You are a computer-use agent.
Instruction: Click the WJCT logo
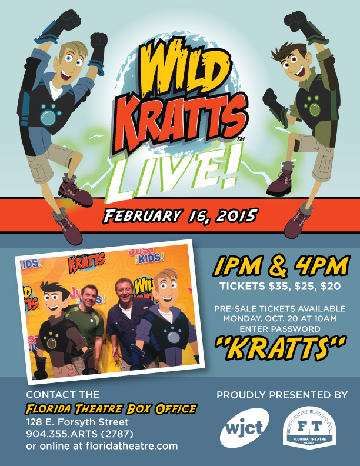[x=245, y=428]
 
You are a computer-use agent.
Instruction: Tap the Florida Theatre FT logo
[x=309, y=428]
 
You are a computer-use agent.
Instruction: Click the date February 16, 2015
[x=179, y=216]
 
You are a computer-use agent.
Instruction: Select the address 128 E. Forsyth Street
[x=77, y=422]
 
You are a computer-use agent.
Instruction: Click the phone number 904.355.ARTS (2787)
[x=79, y=434]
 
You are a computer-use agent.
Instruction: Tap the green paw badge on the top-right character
[x=312, y=106]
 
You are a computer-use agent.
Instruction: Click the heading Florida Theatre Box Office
[x=111, y=409]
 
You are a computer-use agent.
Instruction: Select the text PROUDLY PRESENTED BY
[x=282, y=395]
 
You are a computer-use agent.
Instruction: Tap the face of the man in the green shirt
[x=89, y=296]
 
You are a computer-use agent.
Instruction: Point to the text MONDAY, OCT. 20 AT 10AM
[x=280, y=318]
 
